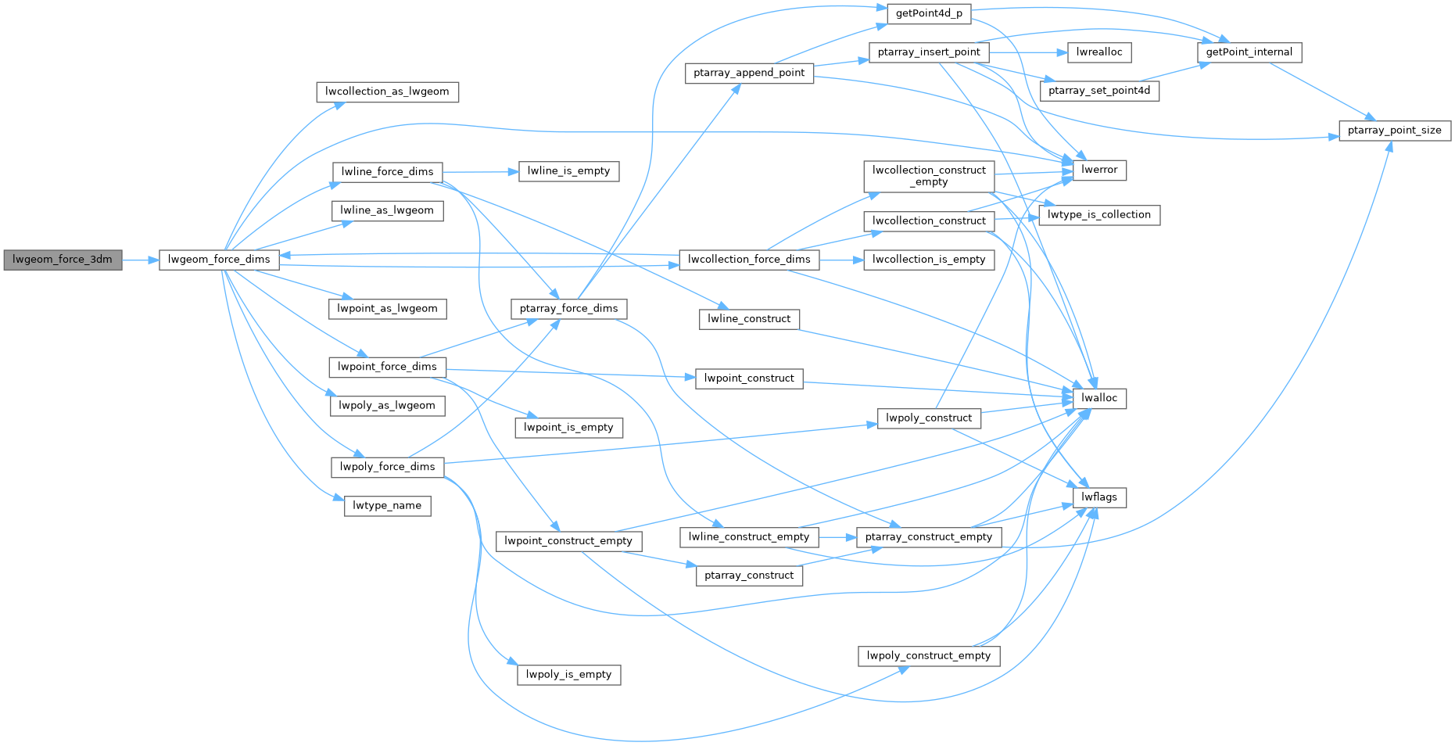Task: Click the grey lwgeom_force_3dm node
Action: pyautogui.click(x=63, y=260)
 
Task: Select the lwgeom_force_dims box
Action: pyautogui.click(x=219, y=260)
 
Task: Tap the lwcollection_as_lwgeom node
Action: pyautogui.click(x=387, y=91)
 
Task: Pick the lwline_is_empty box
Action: pyautogui.click(x=568, y=171)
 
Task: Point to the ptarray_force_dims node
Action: pyautogui.click(x=568, y=309)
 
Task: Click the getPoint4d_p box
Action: pyautogui.click(x=929, y=14)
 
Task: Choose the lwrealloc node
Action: pyautogui.click(x=1098, y=52)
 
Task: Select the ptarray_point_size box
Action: pyautogui.click(x=1394, y=131)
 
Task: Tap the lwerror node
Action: pyautogui.click(x=1098, y=170)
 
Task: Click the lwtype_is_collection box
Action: pyautogui.click(x=1098, y=215)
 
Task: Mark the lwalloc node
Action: pyautogui.click(x=1098, y=398)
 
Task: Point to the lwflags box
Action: pyautogui.click(x=1098, y=497)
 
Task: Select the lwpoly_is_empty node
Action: pyautogui.click(x=568, y=675)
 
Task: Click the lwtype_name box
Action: pyautogui.click(x=387, y=506)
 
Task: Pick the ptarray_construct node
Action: pyautogui.click(x=748, y=576)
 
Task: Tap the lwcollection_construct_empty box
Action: pyautogui.click(x=929, y=176)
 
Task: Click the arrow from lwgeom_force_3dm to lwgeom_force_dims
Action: pyautogui.click(x=141, y=260)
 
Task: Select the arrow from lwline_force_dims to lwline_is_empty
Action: pyautogui.click(x=481, y=171)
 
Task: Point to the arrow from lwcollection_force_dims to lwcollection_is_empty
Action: pyautogui.click(x=841, y=260)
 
